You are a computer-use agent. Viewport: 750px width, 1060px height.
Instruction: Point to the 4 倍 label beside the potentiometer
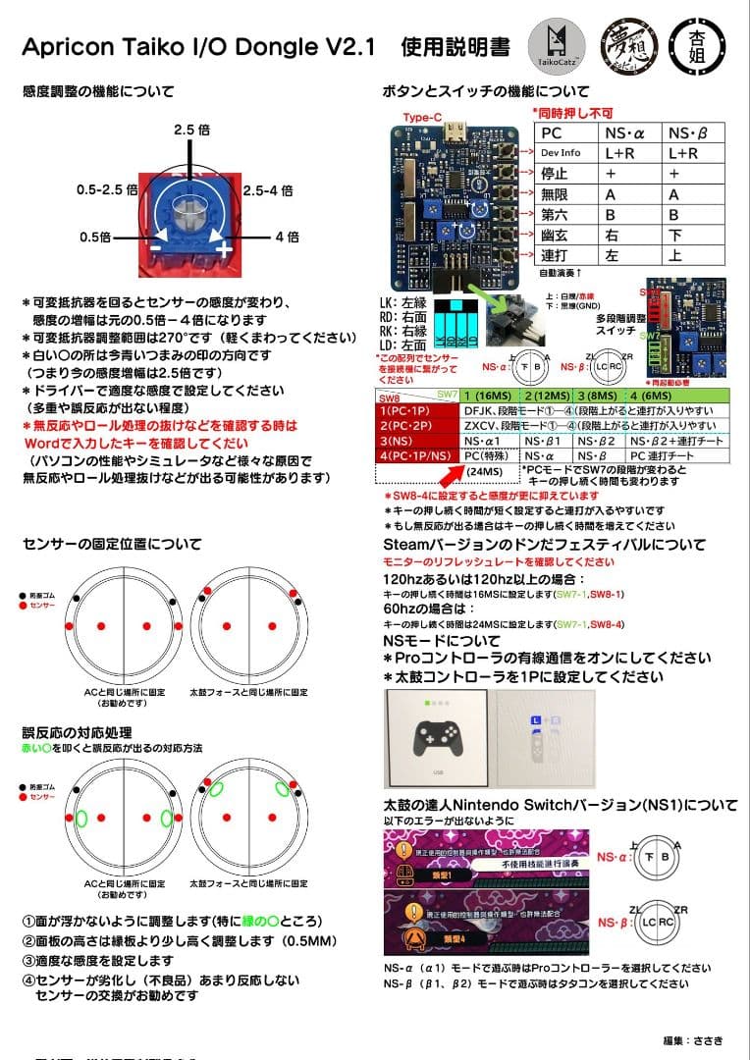point(287,237)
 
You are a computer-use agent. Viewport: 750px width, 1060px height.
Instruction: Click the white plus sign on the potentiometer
point(223,248)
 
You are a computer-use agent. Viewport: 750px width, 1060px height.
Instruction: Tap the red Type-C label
point(422,118)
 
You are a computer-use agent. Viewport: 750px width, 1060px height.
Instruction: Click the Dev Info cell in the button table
point(562,153)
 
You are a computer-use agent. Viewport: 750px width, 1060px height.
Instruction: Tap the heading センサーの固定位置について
point(112,544)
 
